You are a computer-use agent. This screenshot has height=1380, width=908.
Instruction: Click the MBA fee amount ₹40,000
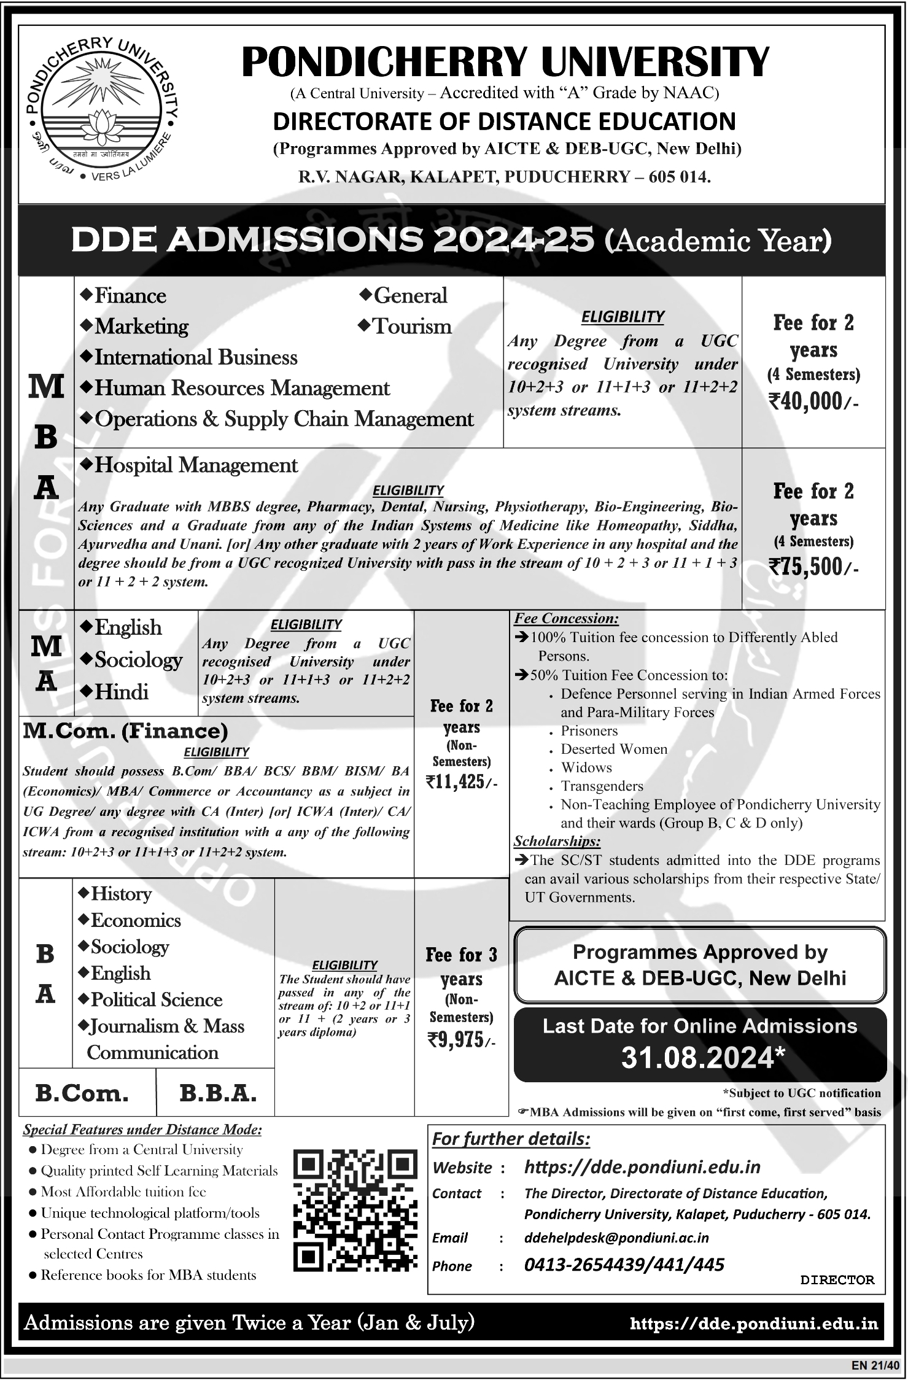pos(813,401)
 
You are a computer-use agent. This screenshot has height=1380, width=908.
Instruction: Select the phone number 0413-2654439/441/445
pos(624,1265)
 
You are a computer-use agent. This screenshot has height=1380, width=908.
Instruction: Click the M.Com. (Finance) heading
pos(126,731)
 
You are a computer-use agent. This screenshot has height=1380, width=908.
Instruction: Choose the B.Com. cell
pos(82,1093)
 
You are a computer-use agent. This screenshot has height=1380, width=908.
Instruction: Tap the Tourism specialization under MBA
pos(412,326)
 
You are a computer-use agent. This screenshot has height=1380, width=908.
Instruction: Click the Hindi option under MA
pos(121,692)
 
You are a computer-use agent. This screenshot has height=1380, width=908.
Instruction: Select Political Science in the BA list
pos(157,999)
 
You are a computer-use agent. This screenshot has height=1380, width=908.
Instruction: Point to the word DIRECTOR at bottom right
pos(837,1280)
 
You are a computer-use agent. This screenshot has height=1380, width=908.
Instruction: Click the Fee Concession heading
pos(566,618)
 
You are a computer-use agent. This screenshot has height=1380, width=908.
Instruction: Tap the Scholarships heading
pos(557,841)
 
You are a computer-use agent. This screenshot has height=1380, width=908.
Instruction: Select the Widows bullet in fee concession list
pos(586,767)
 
